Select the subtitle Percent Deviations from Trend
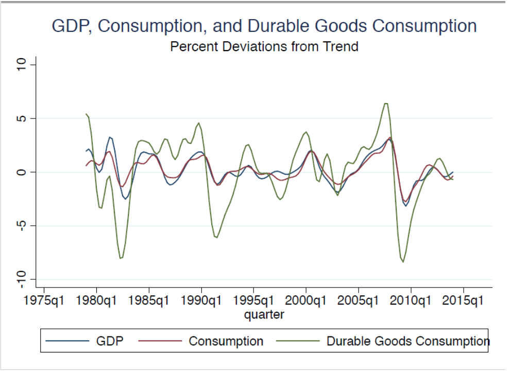264,47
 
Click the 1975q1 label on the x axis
44,301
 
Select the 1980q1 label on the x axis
97,301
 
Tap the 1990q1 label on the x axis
201,301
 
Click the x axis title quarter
264,314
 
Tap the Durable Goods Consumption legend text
408,341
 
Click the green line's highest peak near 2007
385,104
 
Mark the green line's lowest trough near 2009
403,262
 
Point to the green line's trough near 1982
121,258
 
